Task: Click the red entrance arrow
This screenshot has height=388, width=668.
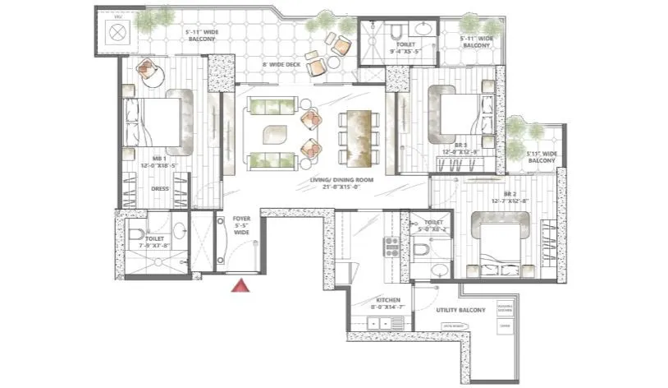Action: point(240,285)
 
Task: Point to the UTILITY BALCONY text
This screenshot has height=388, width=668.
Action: point(460,310)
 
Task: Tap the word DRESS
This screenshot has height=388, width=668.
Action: point(159,188)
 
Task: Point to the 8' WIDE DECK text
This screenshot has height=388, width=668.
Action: point(281,64)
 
